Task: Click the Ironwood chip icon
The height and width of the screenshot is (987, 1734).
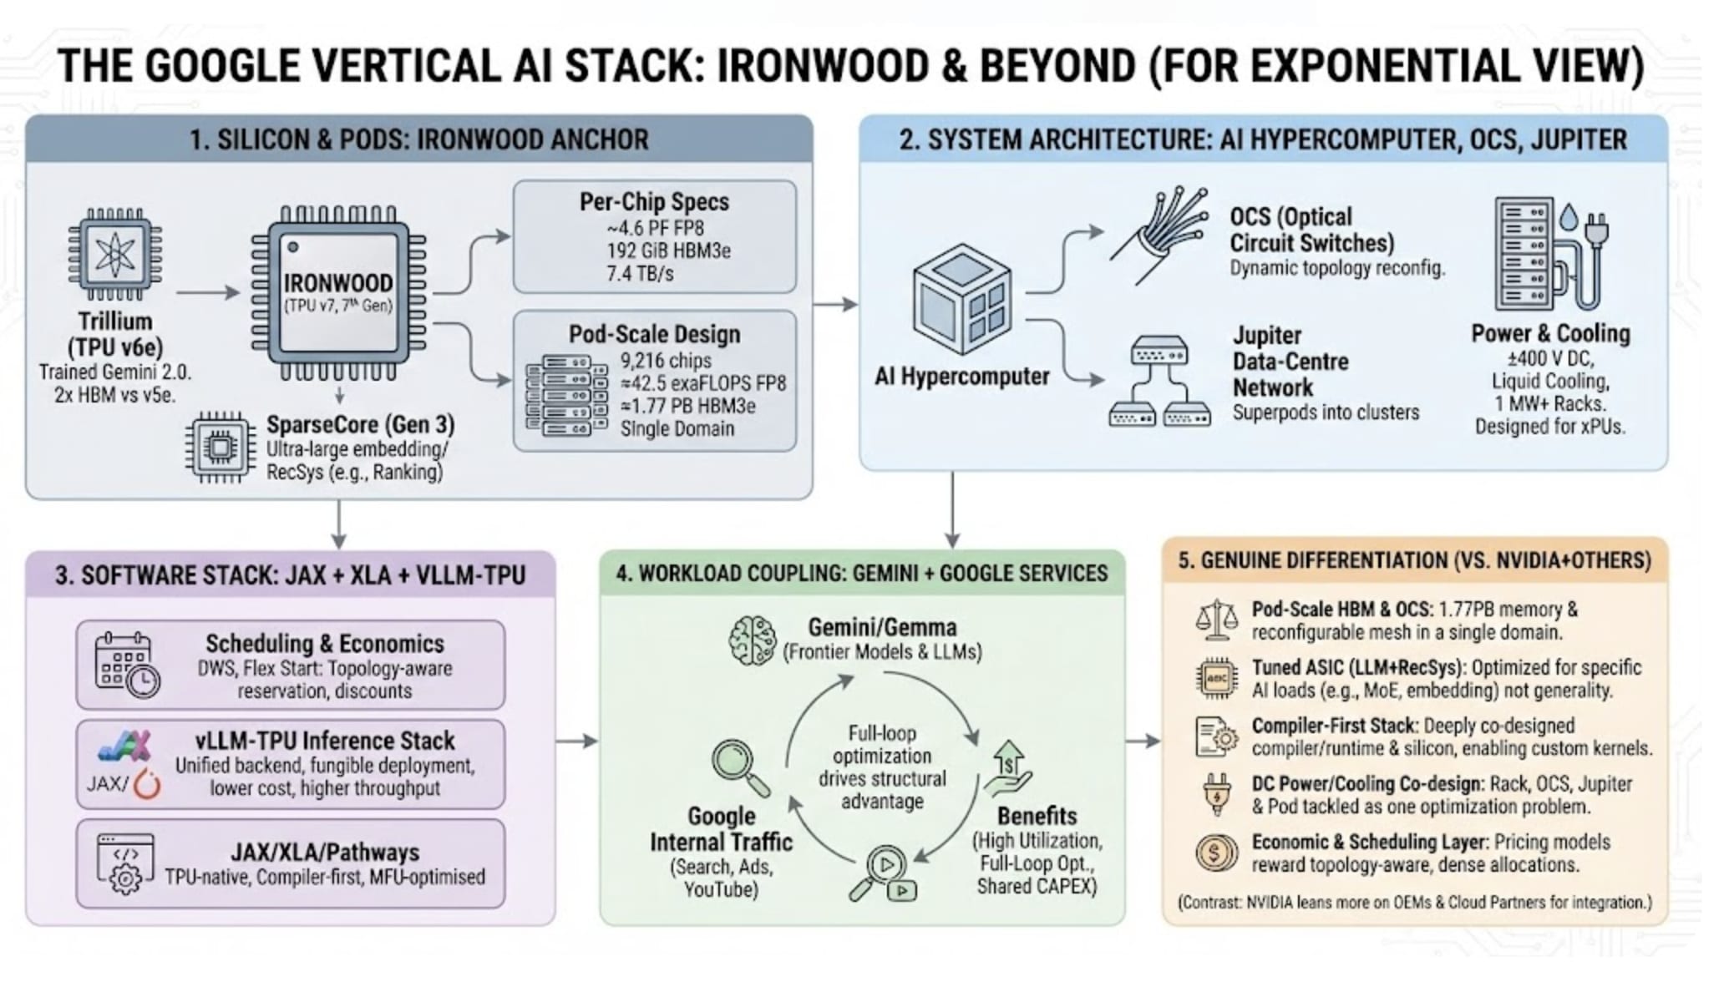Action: coord(338,292)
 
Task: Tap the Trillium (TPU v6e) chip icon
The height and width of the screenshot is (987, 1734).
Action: coord(115,254)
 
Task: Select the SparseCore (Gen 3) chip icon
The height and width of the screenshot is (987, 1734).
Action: coord(221,448)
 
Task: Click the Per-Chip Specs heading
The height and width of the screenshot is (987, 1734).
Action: coord(654,202)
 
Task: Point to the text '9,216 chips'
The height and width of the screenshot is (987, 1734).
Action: coord(666,361)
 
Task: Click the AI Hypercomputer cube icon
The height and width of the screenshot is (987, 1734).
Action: coord(962,298)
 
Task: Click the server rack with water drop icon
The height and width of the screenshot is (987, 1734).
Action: coord(1549,254)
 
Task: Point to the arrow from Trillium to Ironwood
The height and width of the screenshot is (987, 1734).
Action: coord(208,292)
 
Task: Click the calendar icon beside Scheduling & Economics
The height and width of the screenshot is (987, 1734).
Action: coord(126,665)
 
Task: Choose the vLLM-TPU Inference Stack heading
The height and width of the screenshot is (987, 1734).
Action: coord(325,741)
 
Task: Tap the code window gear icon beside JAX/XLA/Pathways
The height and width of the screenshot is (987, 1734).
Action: coord(125,863)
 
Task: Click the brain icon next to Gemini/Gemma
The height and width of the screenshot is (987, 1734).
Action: coord(751,640)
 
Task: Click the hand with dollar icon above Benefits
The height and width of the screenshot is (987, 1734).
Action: coord(1008,767)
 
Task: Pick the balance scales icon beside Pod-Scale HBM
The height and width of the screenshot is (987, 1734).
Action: coord(1216,620)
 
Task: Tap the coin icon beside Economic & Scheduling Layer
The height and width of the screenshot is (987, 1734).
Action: coord(1216,853)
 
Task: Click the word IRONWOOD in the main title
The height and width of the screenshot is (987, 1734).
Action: coord(823,67)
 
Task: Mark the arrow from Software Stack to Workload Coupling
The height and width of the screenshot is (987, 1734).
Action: coord(576,741)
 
